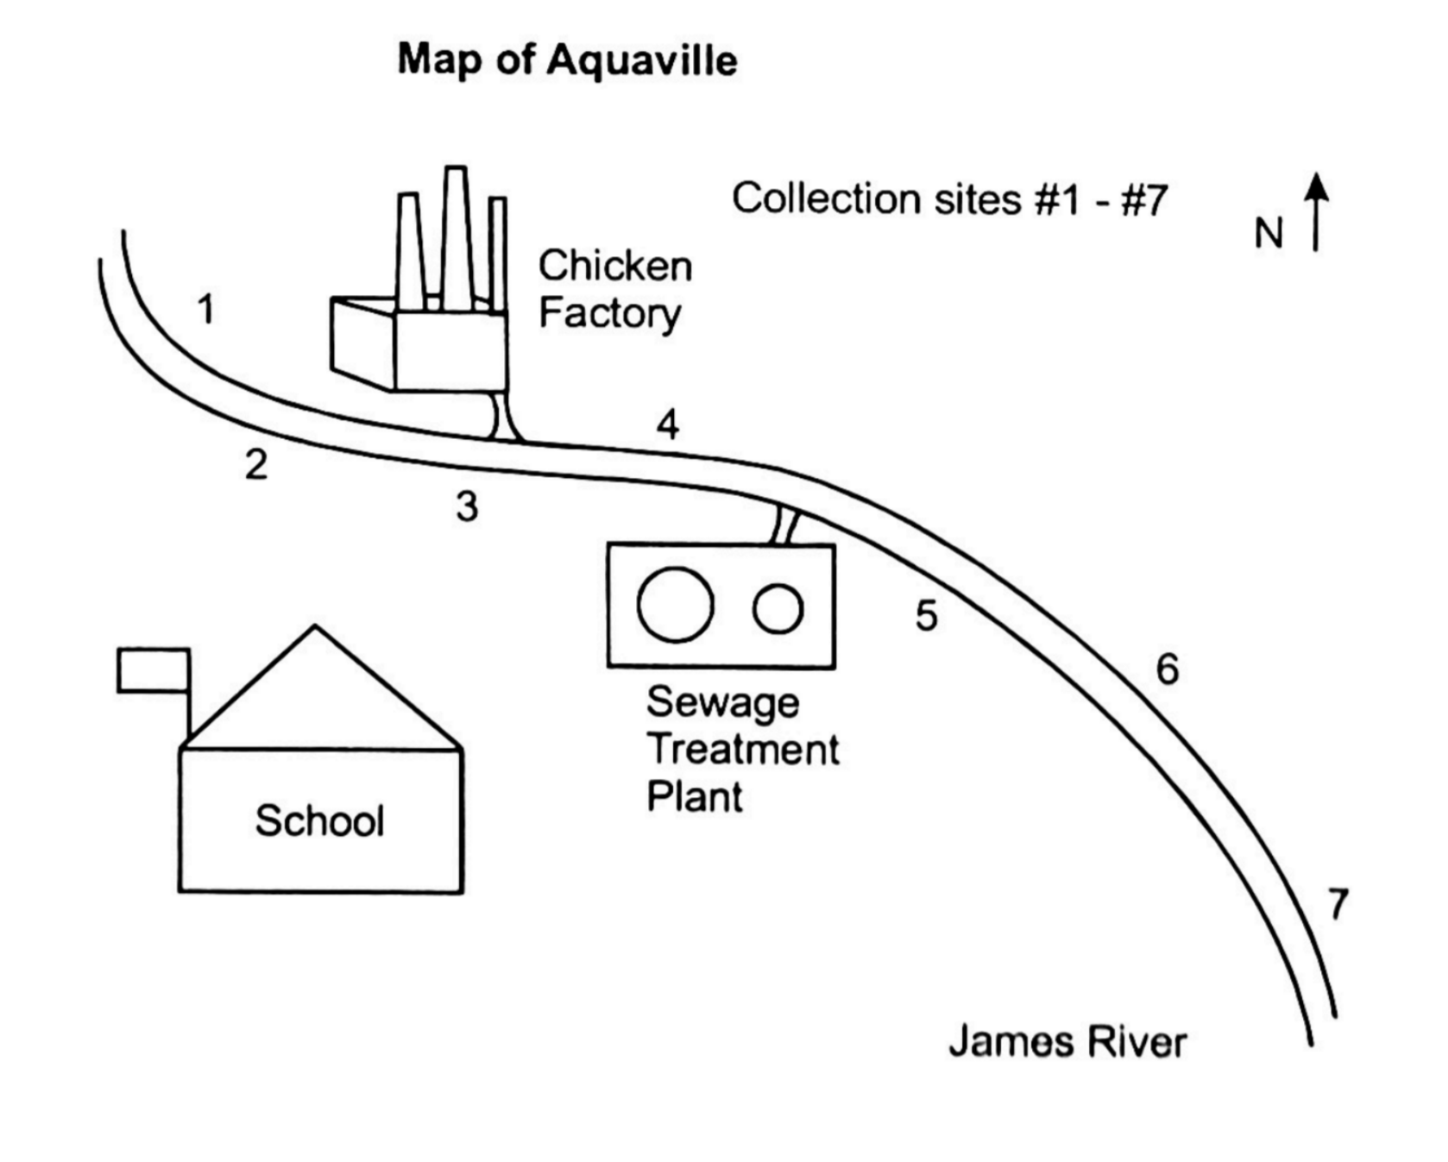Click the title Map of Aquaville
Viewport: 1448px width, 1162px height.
point(567,60)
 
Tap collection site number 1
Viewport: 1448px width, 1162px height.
point(205,309)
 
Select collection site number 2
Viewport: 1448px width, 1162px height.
point(255,465)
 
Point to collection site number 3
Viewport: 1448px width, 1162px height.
point(467,506)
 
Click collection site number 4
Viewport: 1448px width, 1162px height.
point(667,424)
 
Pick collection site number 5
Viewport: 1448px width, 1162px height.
point(926,615)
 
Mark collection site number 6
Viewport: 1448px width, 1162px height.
point(1167,669)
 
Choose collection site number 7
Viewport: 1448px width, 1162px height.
point(1337,905)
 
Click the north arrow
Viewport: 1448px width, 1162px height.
point(1316,211)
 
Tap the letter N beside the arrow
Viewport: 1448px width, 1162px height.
point(1269,234)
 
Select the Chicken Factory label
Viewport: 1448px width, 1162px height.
point(614,289)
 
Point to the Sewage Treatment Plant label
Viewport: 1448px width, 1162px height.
point(740,749)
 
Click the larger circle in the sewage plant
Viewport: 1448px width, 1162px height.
point(675,605)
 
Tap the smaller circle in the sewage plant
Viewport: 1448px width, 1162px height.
point(778,608)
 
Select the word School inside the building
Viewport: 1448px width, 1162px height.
point(319,820)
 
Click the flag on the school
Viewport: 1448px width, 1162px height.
point(154,670)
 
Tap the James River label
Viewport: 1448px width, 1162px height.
point(1067,1042)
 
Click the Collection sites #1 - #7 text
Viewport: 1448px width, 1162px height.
point(949,199)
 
